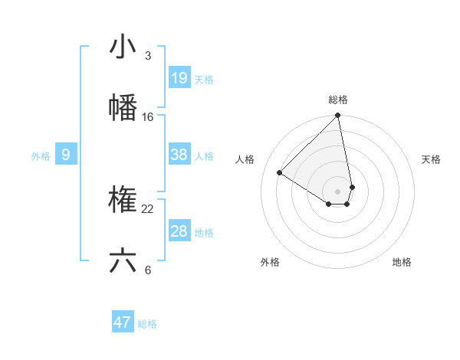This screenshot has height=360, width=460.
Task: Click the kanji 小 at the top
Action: [123, 47]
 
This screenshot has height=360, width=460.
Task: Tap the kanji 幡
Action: [123, 107]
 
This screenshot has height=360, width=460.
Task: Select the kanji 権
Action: [123, 200]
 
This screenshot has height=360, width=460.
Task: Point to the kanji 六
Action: [123, 260]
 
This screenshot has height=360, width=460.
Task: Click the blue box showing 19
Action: [179, 78]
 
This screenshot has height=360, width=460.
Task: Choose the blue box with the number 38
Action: [179, 155]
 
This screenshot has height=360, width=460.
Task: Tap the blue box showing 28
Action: [179, 231]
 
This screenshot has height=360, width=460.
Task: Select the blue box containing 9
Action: [66, 155]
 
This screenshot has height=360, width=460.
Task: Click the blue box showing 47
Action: [123, 322]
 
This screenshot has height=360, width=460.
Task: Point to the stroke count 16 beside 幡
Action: [148, 117]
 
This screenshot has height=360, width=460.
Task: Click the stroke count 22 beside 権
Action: [148, 209]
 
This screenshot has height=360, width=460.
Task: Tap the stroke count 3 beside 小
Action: [148, 56]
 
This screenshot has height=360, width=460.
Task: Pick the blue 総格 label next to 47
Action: [147, 324]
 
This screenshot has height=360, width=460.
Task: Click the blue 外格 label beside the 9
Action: [41, 156]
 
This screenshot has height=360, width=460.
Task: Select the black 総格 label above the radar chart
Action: [338, 100]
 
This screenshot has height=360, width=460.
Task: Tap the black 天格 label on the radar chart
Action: [431, 159]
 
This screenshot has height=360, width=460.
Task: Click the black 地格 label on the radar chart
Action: [402, 262]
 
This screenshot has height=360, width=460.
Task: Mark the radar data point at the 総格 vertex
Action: [337, 116]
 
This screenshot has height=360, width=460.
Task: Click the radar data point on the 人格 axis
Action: [280, 173]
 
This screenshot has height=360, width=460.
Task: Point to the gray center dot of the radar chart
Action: [337, 191]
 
